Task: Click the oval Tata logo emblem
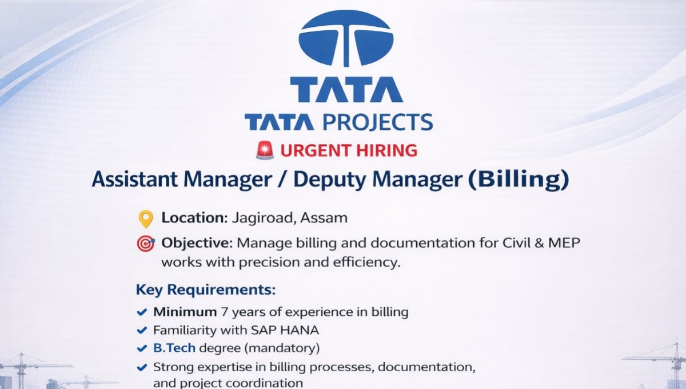(x=345, y=38)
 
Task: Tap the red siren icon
(x=265, y=150)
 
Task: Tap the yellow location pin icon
(x=146, y=219)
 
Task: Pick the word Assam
(x=325, y=218)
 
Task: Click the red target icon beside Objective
(x=146, y=244)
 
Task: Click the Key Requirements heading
(x=205, y=290)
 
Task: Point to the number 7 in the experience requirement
(x=224, y=312)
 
